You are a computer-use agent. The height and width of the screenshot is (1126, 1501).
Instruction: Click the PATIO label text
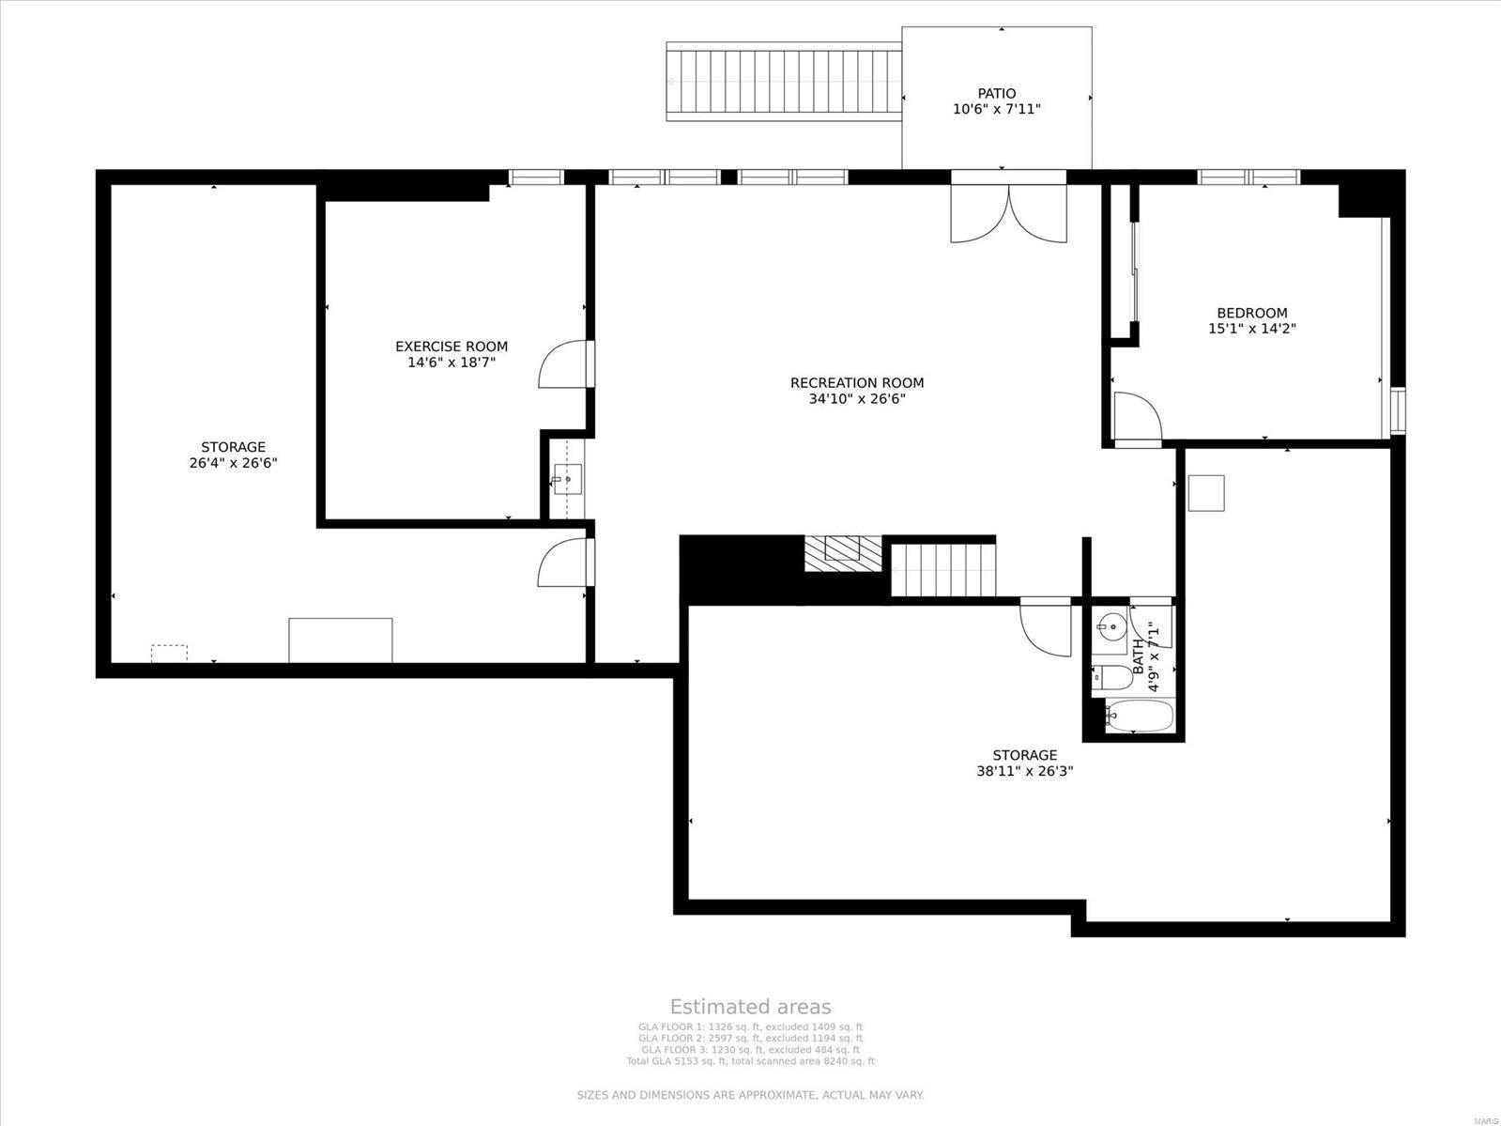(x=996, y=93)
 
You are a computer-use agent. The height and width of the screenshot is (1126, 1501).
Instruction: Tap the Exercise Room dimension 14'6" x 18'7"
(x=451, y=362)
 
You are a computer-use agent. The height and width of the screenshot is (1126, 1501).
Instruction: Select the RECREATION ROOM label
(x=856, y=382)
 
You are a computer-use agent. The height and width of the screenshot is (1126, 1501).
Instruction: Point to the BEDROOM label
(x=1251, y=313)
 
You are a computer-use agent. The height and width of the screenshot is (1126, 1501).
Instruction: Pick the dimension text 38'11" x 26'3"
(x=1024, y=771)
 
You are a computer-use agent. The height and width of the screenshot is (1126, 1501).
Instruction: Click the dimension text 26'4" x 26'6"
(x=233, y=463)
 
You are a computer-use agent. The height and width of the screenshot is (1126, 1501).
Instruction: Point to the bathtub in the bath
(x=1139, y=717)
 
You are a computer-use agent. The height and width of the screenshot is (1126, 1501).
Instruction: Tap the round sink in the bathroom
(x=1112, y=624)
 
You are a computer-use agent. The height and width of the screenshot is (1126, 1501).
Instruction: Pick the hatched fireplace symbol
(x=842, y=552)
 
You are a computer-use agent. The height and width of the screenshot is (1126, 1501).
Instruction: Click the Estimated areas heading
(x=749, y=1007)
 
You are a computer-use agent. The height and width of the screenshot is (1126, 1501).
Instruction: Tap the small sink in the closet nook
(x=566, y=479)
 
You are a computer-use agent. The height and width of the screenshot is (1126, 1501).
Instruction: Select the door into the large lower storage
(x=1046, y=626)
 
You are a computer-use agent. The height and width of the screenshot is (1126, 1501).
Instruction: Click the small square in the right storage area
(x=1205, y=493)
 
